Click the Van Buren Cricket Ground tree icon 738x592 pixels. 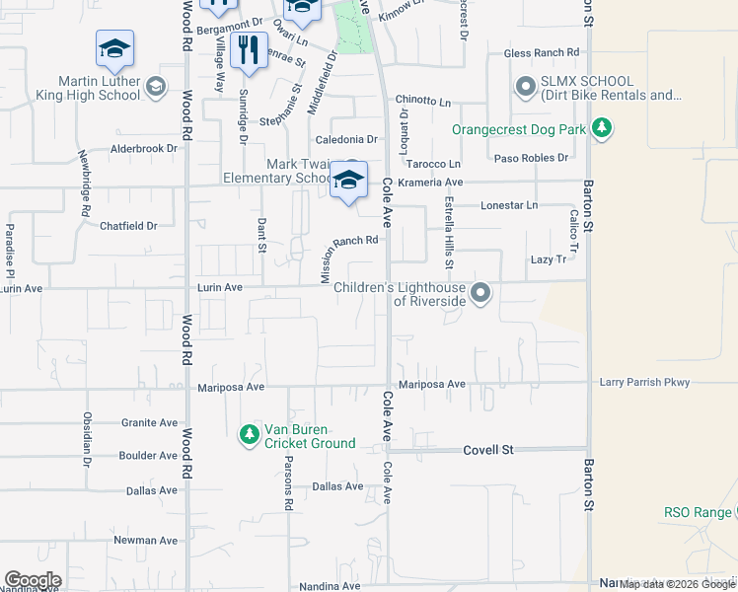pyautogui.click(x=250, y=433)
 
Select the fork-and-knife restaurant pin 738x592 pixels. pyautogui.click(x=250, y=51)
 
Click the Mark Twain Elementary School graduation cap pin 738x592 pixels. pyautogui.click(x=347, y=181)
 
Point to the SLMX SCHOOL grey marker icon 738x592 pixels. pyautogui.click(x=524, y=87)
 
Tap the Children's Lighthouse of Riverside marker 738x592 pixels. pyautogui.click(x=480, y=293)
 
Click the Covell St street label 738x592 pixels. pyautogui.click(x=489, y=450)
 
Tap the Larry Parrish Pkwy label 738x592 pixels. pyautogui.click(x=644, y=383)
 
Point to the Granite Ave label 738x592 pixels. pyautogui.click(x=149, y=422)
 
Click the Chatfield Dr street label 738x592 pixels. pyautogui.click(x=128, y=226)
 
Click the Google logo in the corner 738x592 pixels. pyautogui.click(x=33, y=580)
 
